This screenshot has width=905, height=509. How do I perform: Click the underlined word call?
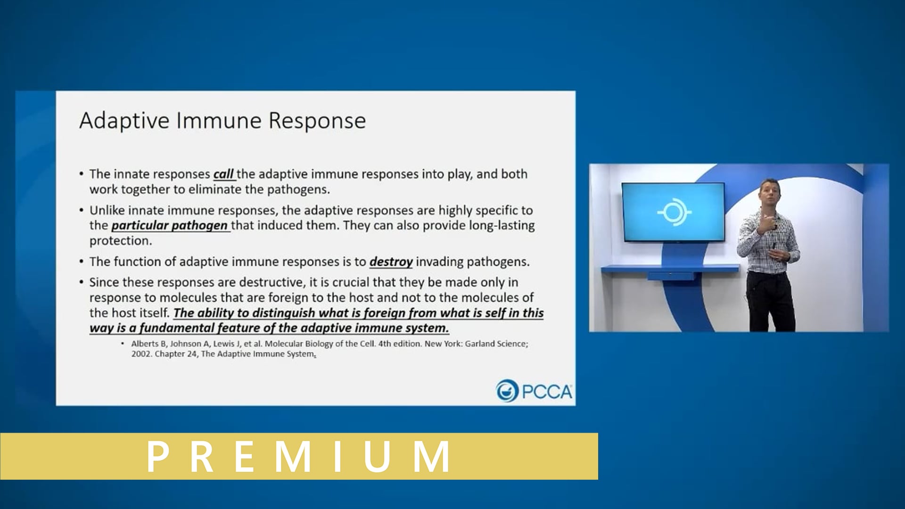[223, 174]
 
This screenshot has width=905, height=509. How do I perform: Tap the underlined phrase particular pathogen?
[170, 226]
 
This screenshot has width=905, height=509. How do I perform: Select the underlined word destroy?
[391, 262]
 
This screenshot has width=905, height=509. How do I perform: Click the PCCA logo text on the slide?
[547, 392]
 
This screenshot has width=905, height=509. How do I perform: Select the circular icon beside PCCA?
[507, 391]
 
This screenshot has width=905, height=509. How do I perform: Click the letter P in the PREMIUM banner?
[158, 456]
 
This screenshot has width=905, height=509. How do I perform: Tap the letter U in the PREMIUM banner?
[377, 456]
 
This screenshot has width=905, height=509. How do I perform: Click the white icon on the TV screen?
[674, 212]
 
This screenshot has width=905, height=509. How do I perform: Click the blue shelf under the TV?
[669, 269]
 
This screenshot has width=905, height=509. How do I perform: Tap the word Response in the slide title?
[317, 121]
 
